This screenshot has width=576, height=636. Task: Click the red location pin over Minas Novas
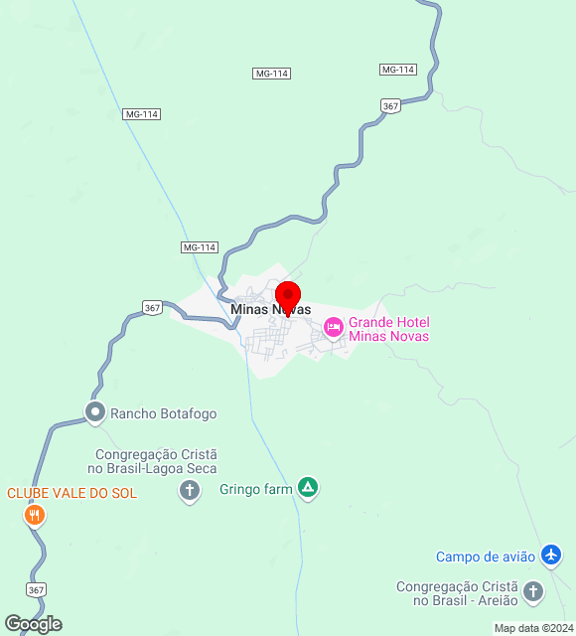pos(288,297)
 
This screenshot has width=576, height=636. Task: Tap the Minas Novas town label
pos(270,310)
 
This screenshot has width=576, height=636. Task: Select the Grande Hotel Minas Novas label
pos(388,329)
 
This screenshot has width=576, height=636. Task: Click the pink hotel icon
pos(334,326)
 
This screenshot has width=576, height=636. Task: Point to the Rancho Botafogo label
pos(163,413)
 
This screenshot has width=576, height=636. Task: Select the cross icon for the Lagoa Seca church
pos(190,490)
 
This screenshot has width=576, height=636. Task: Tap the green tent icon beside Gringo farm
pos(309,488)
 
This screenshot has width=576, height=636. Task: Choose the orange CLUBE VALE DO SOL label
pos(72,493)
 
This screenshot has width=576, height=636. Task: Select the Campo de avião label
pos(486,556)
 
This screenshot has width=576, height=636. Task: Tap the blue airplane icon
pos(552,556)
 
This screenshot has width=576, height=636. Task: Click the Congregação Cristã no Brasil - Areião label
pos(456,593)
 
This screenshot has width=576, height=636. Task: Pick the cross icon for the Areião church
pos(533,592)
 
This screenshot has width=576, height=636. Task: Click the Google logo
pos(33,624)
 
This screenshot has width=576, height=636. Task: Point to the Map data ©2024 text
pos(533,628)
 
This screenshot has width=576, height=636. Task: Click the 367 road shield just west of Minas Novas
pos(152,308)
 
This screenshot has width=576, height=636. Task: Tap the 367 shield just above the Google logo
pos(37,590)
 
